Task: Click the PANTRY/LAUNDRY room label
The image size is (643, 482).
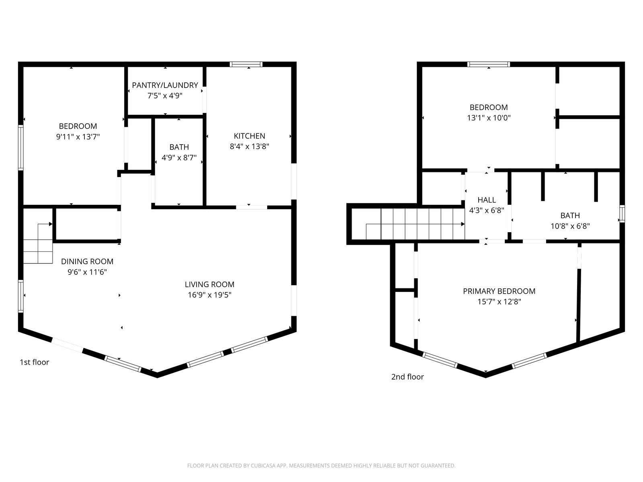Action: (x=165, y=85)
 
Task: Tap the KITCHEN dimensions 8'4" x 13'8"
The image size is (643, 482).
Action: (x=249, y=146)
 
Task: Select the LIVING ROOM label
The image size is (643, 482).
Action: (x=209, y=284)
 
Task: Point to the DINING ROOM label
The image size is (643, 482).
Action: (x=87, y=261)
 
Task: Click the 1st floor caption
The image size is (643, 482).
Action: (x=34, y=362)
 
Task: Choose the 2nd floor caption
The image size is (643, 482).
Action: (x=408, y=377)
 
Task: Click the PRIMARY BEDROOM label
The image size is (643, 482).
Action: (x=499, y=291)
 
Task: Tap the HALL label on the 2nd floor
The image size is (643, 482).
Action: (x=487, y=200)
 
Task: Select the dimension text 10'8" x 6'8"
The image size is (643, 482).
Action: (x=570, y=226)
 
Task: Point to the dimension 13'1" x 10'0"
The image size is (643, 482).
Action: (x=489, y=118)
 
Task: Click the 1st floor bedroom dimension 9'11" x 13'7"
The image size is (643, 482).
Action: (x=78, y=137)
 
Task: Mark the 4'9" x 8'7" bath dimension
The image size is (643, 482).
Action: (x=179, y=158)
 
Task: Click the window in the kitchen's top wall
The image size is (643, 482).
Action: (x=246, y=64)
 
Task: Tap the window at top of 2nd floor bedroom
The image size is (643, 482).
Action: (x=489, y=64)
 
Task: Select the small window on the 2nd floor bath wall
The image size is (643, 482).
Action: (x=622, y=214)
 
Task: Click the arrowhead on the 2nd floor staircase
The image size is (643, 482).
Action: (x=463, y=224)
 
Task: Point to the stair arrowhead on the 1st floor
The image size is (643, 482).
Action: (x=51, y=224)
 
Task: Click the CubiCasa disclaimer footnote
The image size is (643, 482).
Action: (x=321, y=465)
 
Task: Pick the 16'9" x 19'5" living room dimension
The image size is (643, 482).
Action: (x=209, y=295)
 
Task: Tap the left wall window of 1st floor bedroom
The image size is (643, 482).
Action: (x=20, y=148)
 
